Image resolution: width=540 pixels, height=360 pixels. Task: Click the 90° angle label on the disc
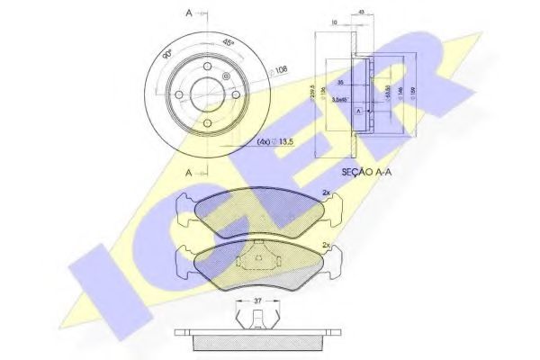point(166,55)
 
